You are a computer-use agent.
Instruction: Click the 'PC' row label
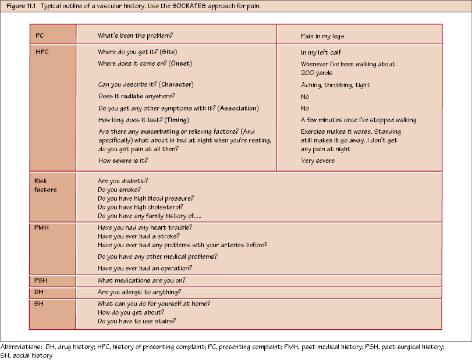tap(40, 36)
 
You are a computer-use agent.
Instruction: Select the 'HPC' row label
tap(42, 52)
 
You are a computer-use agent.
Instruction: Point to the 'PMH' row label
tap(42, 227)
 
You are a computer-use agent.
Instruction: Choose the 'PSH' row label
tap(41, 280)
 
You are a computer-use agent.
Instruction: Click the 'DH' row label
tap(39, 292)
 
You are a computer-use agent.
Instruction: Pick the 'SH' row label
tap(39, 304)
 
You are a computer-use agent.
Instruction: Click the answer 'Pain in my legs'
tap(322, 36)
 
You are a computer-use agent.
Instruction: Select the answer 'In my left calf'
tap(321, 52)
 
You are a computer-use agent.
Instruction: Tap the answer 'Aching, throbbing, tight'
tap(335, 85)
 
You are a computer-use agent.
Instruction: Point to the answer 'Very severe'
tap(317, 161)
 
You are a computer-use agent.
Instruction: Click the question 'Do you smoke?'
tap(119, 190)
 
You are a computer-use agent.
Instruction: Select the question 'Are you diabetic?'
tap(123, 181)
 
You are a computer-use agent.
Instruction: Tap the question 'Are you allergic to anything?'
tap(140, 292)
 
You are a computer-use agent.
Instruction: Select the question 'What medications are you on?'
tap(141, 280)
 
